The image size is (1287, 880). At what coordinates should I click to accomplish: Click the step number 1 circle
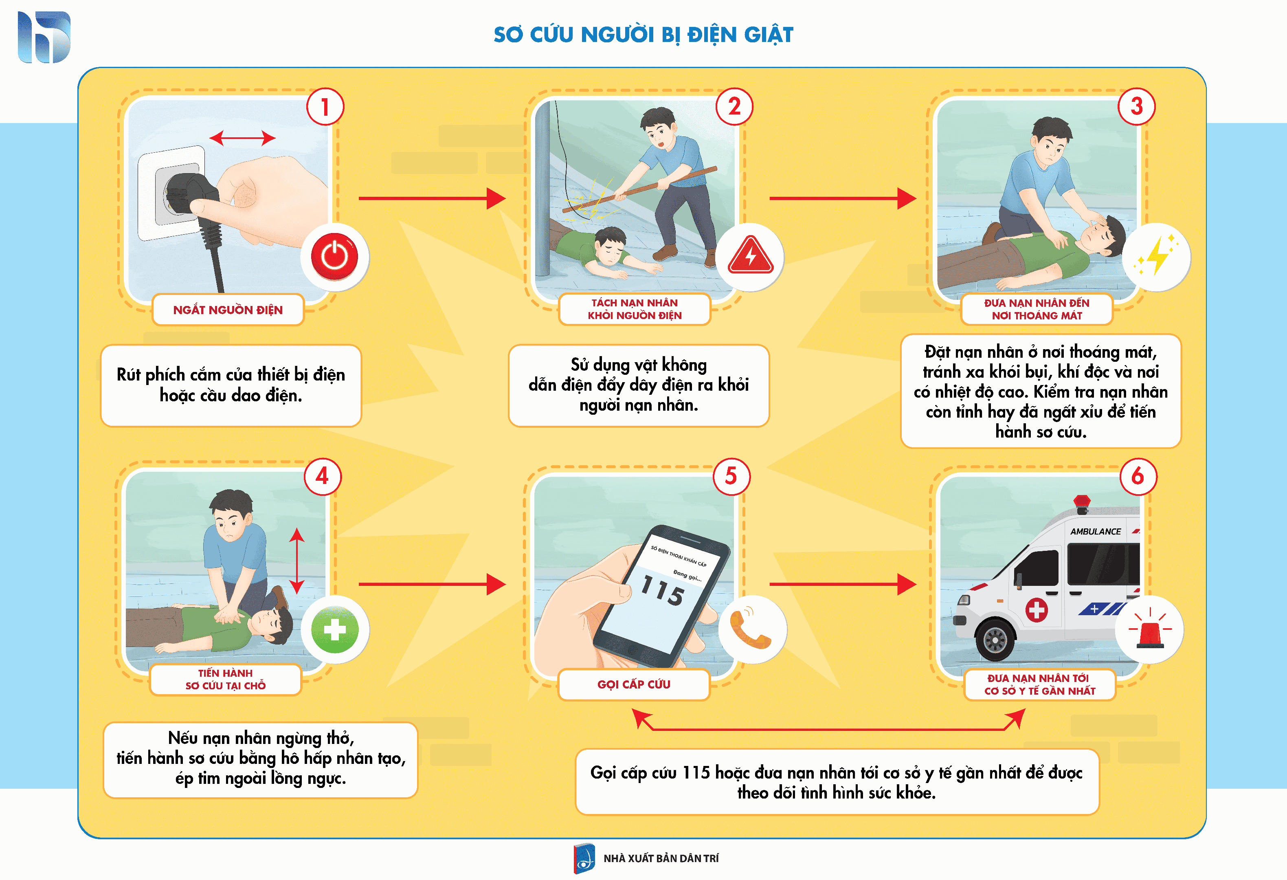pos(325,106)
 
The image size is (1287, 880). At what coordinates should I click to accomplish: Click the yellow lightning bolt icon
pos(1157,255)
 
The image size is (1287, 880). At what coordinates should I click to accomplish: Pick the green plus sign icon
pos(334,630)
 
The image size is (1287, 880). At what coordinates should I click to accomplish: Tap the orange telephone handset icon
pos(750,630)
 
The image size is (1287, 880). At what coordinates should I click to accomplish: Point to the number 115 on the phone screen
pos(662,591)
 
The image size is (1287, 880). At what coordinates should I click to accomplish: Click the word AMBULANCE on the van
pos(1096,532)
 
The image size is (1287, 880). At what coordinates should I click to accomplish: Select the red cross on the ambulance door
pos(1036,610)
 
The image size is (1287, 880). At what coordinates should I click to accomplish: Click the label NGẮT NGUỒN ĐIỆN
pos(228,310)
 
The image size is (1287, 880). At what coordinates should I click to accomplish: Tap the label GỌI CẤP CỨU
pos(634,684)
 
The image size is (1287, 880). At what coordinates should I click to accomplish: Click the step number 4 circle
pos(322,476)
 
